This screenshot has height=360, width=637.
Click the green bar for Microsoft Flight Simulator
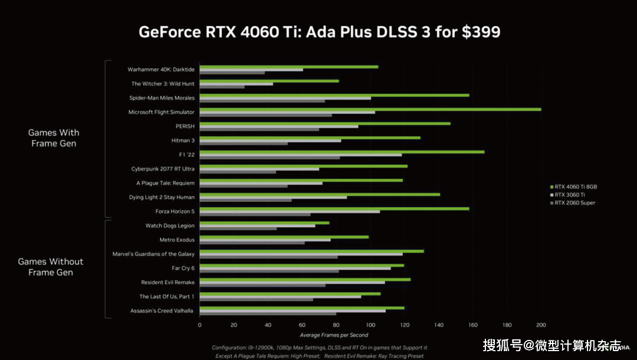[x=370, y=109]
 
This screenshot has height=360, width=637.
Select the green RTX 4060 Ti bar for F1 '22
[x=342, y=152]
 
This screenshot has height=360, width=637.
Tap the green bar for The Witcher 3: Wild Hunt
[x=269, y=81]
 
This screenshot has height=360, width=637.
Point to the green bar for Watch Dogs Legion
[x=264, y=222]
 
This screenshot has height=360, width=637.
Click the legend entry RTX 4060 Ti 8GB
[x=576, y=186]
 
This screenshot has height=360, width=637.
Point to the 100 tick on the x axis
[x=370, y=325]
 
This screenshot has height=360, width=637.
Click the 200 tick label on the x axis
[x=541, y=325]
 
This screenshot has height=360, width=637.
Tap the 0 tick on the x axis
[x=199, y=325]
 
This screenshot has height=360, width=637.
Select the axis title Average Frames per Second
[x=334, y=335]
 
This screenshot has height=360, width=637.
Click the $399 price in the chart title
[x=480, y=32]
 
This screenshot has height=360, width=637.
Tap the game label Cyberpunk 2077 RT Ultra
[x=162, y=169]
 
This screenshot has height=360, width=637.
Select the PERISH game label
[x=185, y=126]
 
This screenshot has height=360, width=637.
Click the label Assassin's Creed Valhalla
[x=162, y=310]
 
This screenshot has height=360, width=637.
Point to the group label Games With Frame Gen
[x=54, y=138]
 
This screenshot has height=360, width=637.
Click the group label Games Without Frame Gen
[x=51, y=267]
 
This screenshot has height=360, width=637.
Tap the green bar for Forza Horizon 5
[x=334, y=208]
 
